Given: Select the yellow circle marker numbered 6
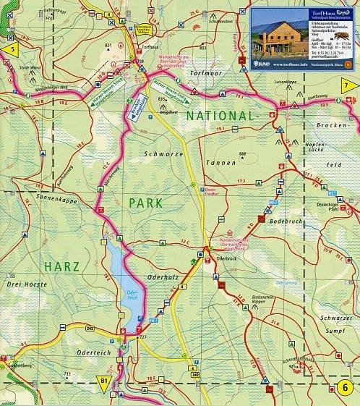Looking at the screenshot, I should (347, 387).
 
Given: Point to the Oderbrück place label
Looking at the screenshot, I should (227, 258).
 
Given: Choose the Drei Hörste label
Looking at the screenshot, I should (23, 284).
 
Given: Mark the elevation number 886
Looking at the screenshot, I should (243, 155).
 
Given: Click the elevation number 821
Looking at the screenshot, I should (109, 45).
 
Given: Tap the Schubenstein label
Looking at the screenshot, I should (199, 22).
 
